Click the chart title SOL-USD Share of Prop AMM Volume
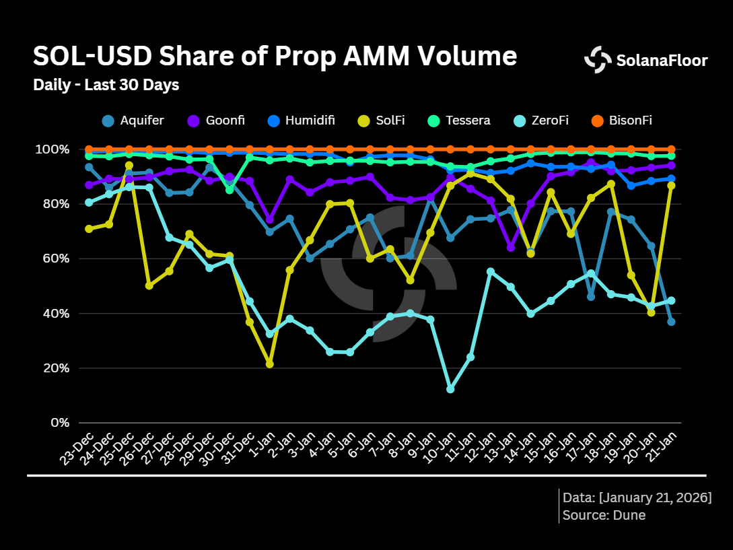click(275, 57)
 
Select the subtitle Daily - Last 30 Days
click(106, 85)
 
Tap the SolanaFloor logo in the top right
click(645, 61)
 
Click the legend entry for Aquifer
click(133, 121)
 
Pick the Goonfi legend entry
click(217, 121)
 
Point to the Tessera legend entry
click(459, 121)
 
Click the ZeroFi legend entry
click(540, 121)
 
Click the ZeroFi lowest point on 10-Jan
click(450, 389)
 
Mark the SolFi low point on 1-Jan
click(270, 364)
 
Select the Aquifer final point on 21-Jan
click(671, 322)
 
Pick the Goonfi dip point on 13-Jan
click(510, 248)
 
